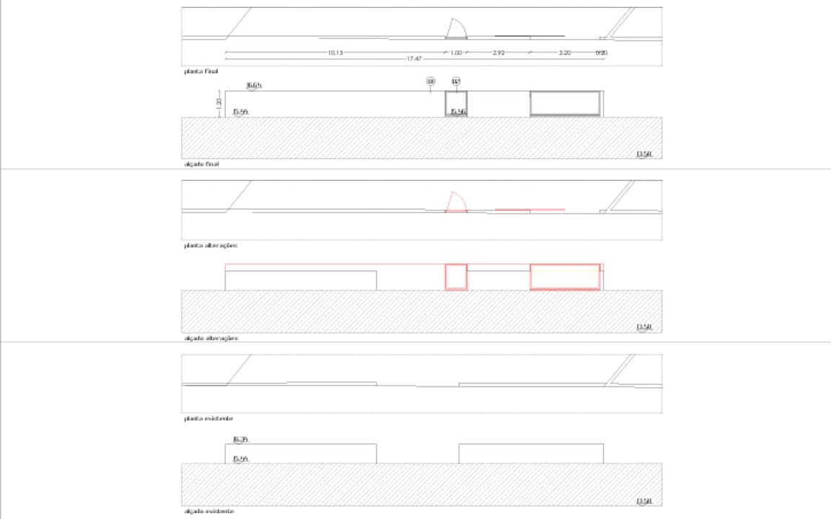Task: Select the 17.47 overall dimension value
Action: tap(413, 58)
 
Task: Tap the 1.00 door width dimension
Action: tap(456, 53)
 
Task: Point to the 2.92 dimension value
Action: tap(498, 53)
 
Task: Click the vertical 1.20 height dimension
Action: tap(219, 103)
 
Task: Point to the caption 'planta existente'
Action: tap(208, 418)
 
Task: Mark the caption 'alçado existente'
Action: tap(208, 510)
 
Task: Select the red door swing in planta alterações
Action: tap(456, 203)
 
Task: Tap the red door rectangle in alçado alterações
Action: tap(456, 278)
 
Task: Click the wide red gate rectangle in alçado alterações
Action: tap(566, 278)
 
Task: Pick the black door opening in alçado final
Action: tap(456, 103)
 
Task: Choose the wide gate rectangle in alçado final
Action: tap(566, 103)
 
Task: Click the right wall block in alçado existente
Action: tap(531, 453)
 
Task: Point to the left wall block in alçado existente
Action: tap(301, 453)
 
